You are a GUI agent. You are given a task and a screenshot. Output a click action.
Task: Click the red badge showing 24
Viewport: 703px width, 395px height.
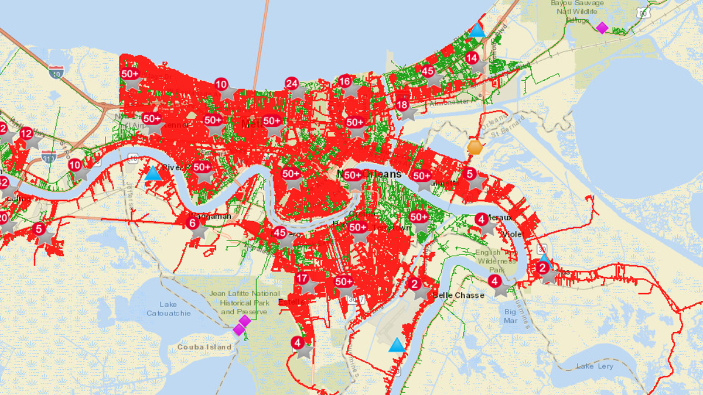tap(292, 84)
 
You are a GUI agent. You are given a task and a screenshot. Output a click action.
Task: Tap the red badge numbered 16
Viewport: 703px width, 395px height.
tap(345, 81)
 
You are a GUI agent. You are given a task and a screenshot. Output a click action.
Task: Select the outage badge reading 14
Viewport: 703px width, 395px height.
tap(472, 58)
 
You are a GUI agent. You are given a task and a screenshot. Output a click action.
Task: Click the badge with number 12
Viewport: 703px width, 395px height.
tap(26, 133)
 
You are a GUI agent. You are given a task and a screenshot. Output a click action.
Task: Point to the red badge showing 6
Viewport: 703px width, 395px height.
tap(193, 223)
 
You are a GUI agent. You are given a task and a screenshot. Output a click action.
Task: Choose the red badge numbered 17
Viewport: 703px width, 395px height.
tap(302, 279)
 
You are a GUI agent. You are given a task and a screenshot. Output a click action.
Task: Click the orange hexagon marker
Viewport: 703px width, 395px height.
tap(475, 147)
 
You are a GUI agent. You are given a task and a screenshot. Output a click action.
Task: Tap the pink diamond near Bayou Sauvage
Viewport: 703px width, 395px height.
tap(602, 28)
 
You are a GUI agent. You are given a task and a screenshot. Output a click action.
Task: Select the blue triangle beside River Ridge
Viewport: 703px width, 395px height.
tap(153, 173)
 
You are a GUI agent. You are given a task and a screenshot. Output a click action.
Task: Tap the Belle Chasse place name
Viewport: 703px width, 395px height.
tap(459, 296)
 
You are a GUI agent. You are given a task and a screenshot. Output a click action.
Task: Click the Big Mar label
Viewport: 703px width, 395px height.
tap(511, 316)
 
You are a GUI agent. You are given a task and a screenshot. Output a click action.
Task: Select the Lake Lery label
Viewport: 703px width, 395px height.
tap(595, 366)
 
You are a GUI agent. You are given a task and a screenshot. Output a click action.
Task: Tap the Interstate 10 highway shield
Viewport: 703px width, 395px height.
tap(56, 72)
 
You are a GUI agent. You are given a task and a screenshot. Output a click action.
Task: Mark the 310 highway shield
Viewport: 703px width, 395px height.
tap(49, 157)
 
